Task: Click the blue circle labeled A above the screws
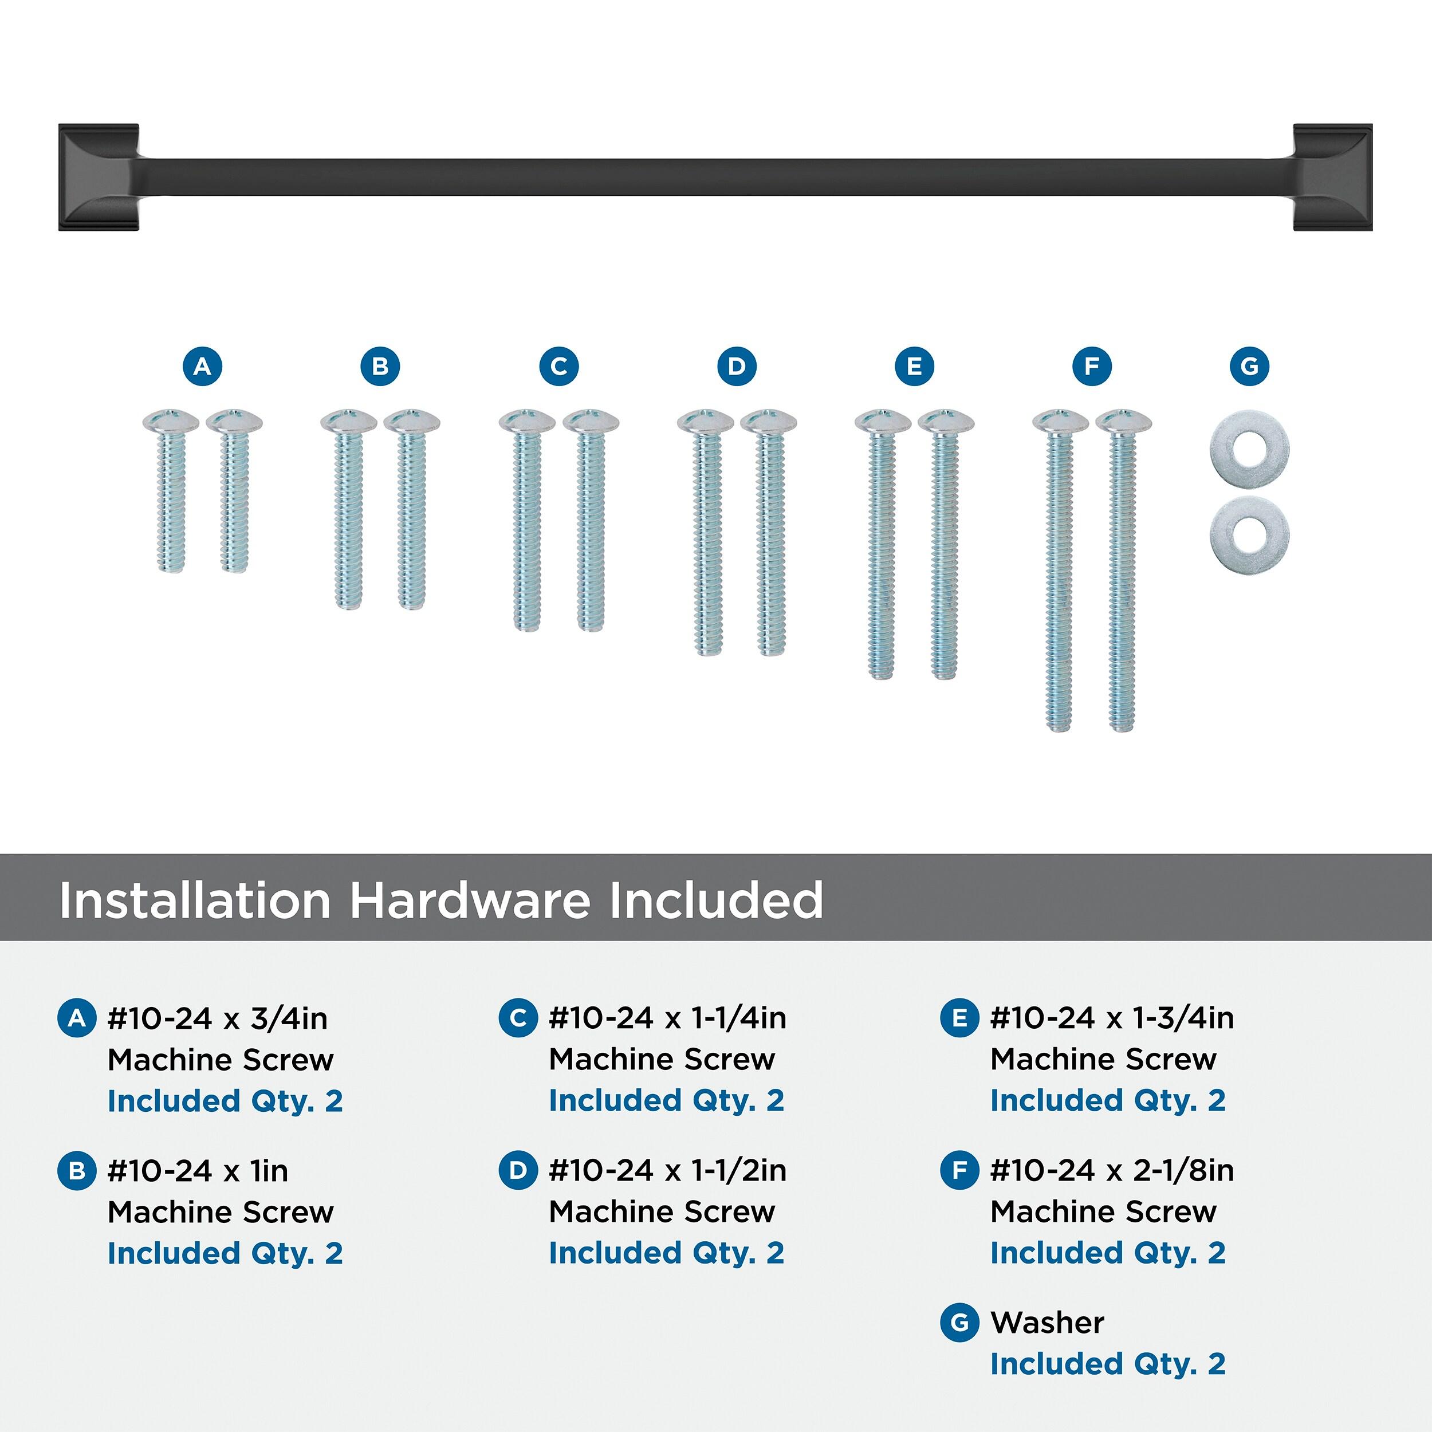(x=202, y=366)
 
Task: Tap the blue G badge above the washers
(x=1249, y=366)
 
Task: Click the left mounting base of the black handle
(x=99, y=177)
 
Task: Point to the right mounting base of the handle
(x=1333, y=177)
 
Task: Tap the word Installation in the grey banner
(x=195, y=900)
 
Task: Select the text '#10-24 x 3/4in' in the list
(x=218, y=1018)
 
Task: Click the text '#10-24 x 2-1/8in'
(x=1112, y=1170)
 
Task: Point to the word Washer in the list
(x=1047, y=1321)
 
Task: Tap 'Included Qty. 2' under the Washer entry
(x=1108, y=1364)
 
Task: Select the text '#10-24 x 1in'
(x=198, y=1170)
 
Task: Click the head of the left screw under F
(x=1061, y=420)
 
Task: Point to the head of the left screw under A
(x=171, y=420)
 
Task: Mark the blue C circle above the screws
(x=559, y=366)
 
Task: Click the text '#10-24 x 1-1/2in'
(x=668, y=1170)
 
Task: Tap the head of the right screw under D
(x=769, y=420)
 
